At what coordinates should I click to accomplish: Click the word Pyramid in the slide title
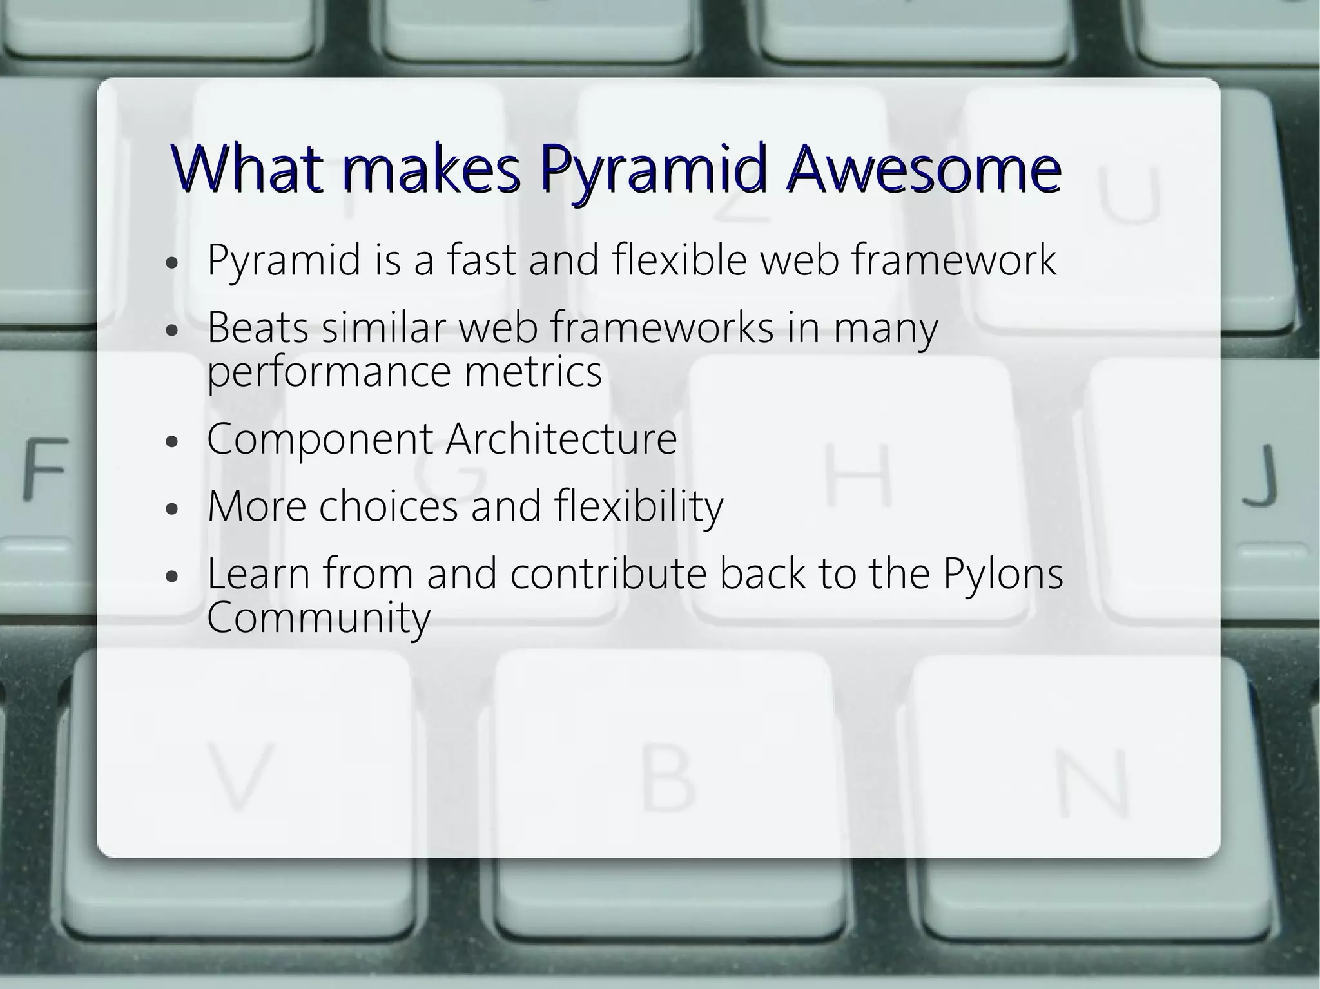[x=654, y=171]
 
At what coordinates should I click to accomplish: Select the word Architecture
[x=561, y=439]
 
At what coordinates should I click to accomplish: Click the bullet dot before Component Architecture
[x=171, y=443]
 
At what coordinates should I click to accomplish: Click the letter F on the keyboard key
[x=45, y=468]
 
